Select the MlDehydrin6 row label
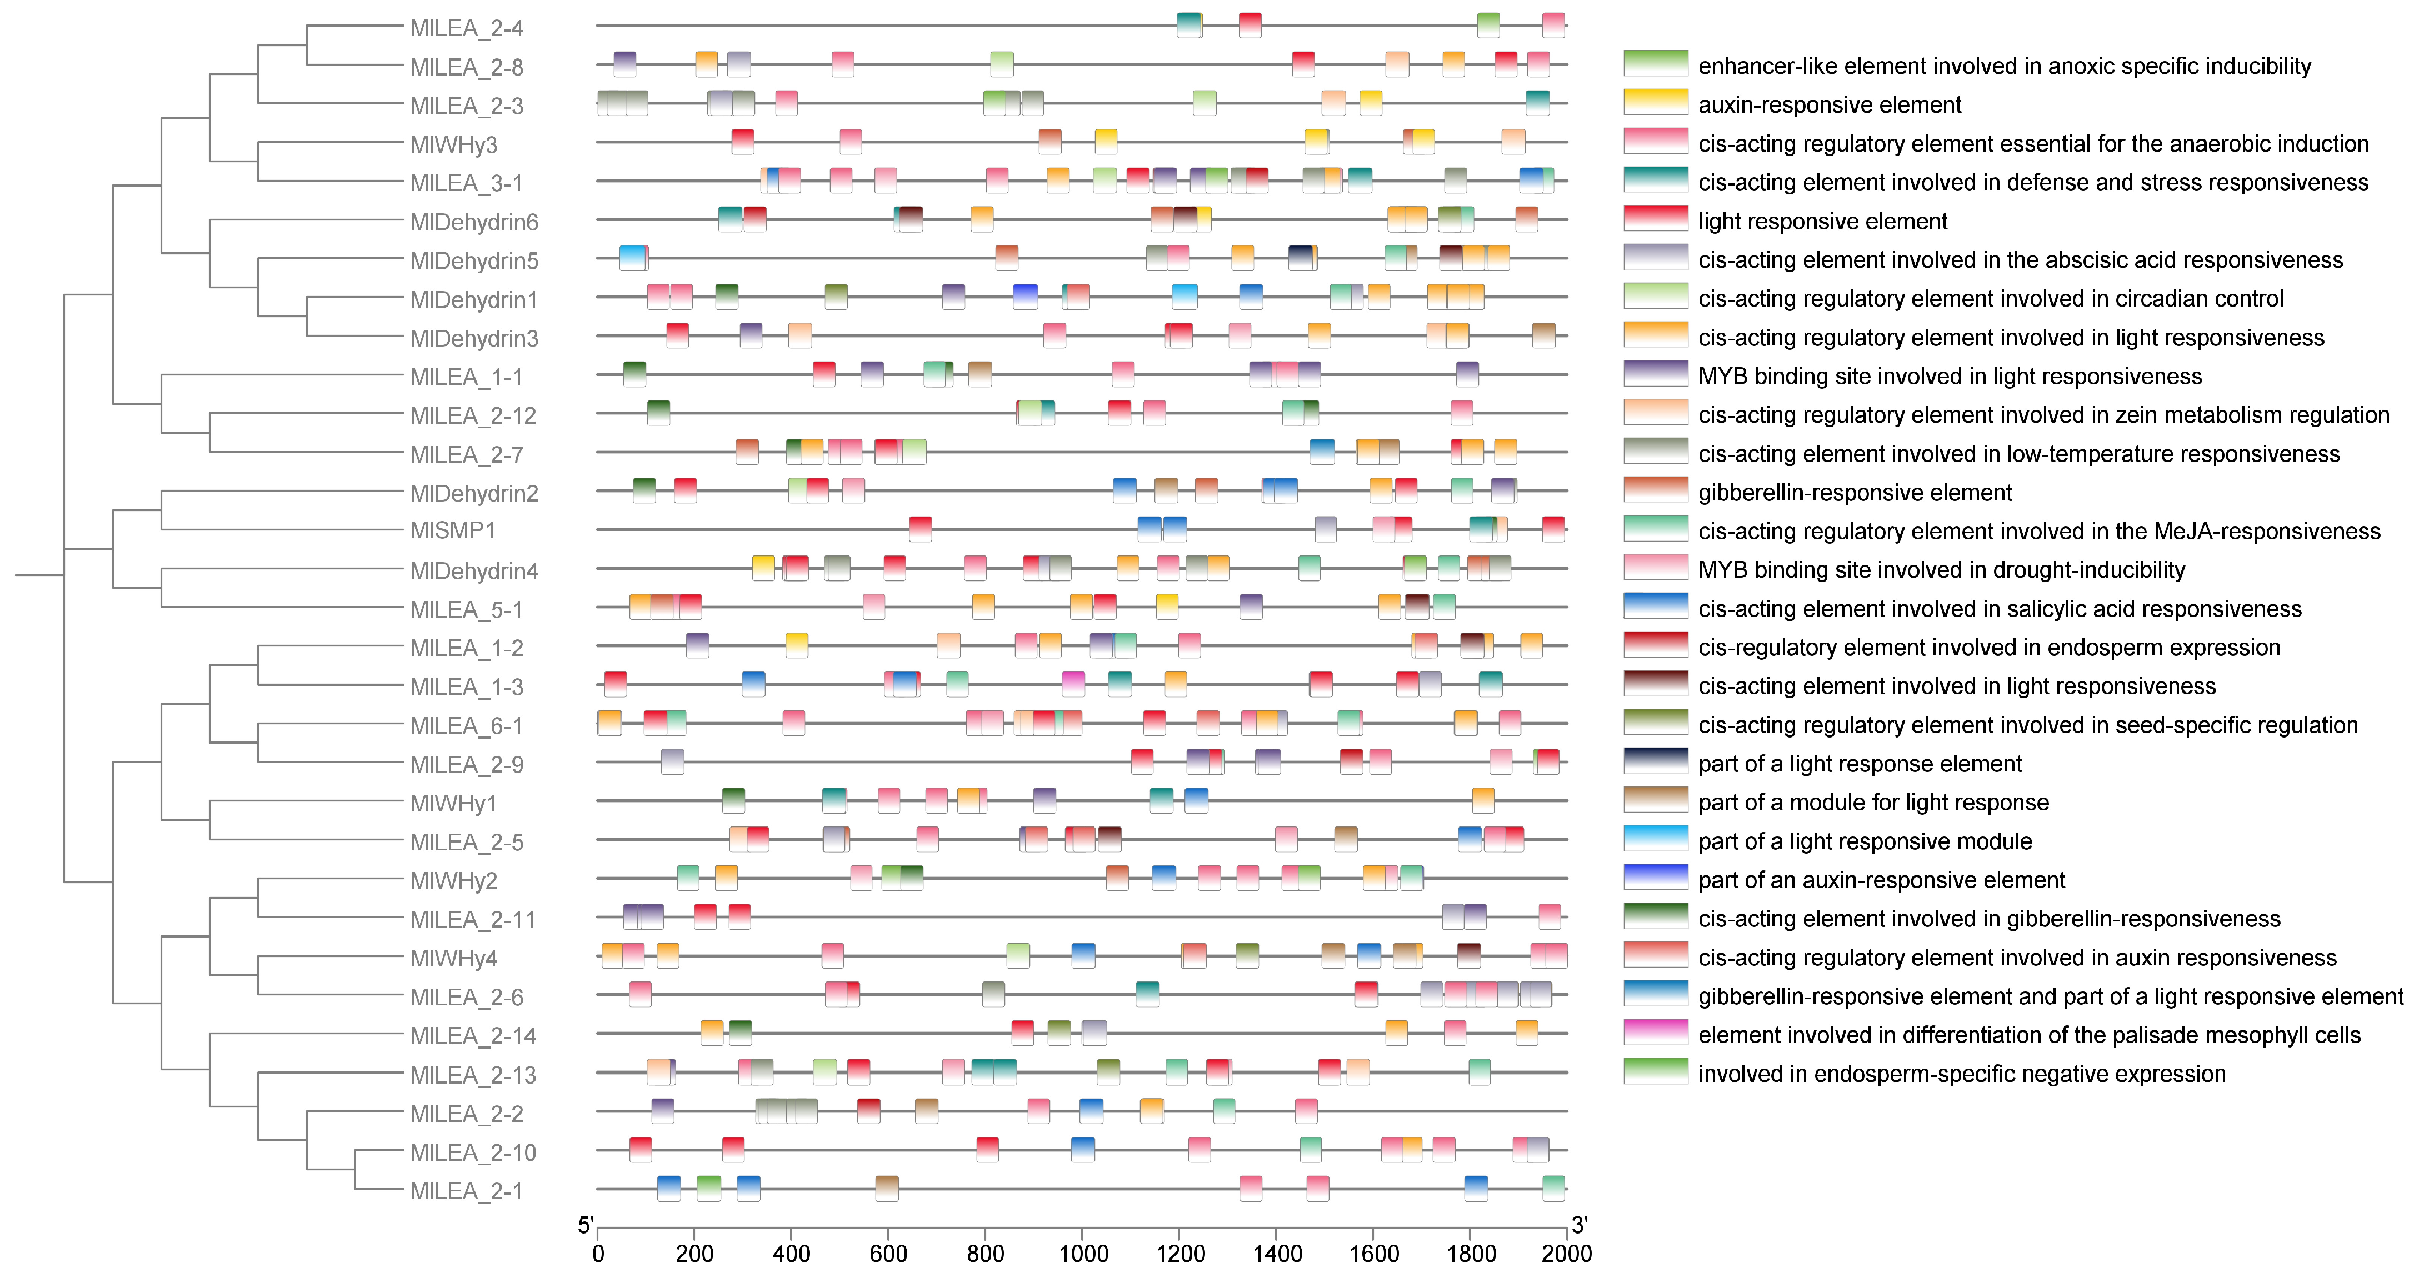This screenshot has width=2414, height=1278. [x=473, y=222]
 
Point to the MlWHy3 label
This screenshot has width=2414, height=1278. [x=453, y=144]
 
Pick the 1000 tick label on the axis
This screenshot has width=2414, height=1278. [x=1082, y=1254]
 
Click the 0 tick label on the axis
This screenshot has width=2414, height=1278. [x=598, y=1254]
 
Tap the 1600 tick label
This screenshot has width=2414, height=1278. [x=1374, y=1254]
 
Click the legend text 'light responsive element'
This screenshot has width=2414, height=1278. [x=1822, y=221]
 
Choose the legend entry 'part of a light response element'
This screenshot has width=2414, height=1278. [x=1859, y=764]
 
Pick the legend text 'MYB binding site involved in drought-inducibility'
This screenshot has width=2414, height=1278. [x=1941, y=570]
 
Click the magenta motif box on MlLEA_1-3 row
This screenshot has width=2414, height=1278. [x=1073, y=684]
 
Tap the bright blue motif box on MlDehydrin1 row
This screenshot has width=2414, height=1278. [x=1025, y=296]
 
